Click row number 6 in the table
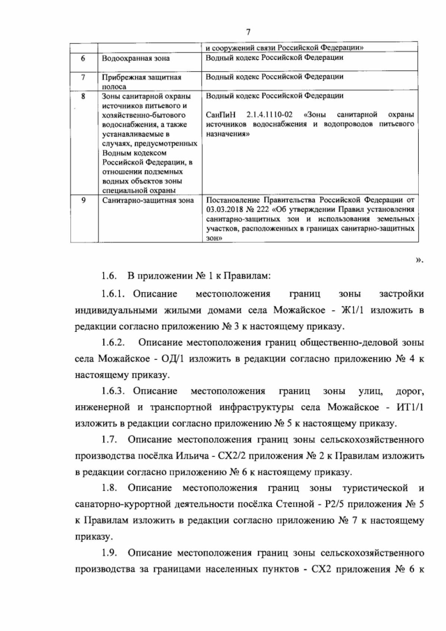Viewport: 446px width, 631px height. (x=84, y=59)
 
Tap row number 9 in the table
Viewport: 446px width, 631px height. (x=84, y=200)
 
